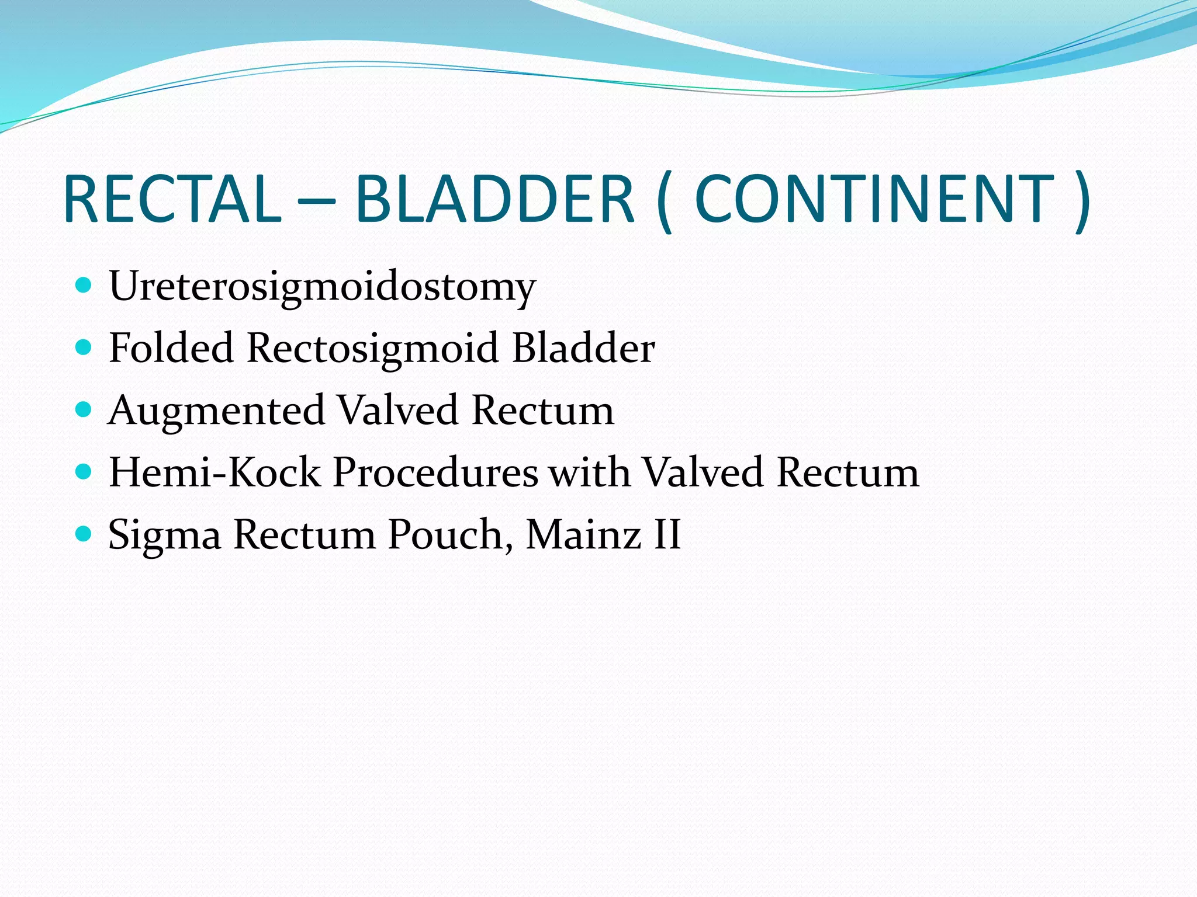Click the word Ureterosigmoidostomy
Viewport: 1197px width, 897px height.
point(322,287)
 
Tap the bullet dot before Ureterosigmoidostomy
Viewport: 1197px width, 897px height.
point(84,286)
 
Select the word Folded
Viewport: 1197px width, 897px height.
point(171,348)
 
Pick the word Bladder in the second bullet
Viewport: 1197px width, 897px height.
point(583,348)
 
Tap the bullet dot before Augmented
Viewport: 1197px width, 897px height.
point(84,409)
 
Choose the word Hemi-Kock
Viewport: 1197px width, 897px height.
point(215,472)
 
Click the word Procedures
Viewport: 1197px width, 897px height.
point(435,472)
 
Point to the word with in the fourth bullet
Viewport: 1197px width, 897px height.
point(590,472)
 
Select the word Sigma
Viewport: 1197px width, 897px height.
point(164,536)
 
